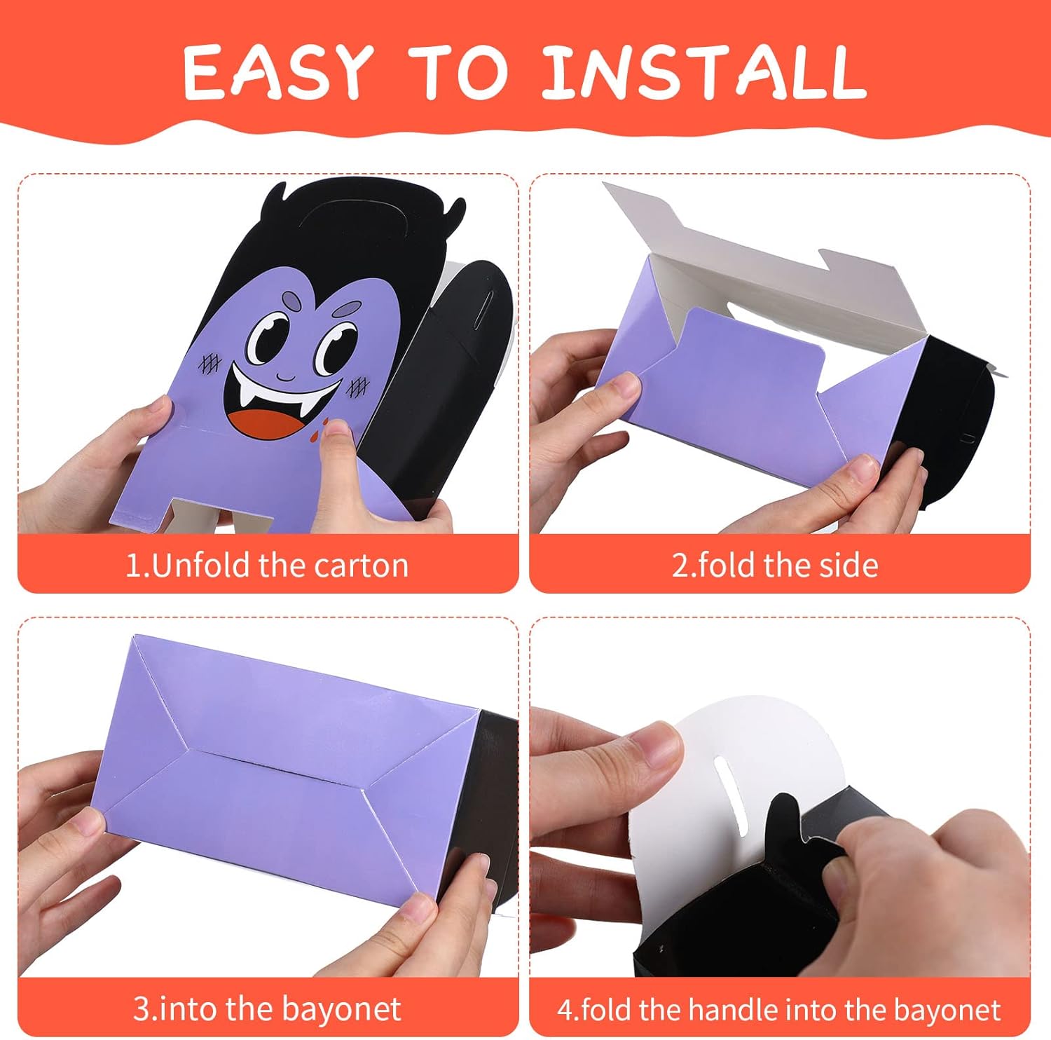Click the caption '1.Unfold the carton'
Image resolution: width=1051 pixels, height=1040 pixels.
point(267,565)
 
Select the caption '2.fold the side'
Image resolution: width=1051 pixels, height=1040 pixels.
point(775,565)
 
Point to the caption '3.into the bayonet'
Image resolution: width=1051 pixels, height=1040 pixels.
point(267,1009)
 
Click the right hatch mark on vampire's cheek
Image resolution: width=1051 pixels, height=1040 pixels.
point(358,385)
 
